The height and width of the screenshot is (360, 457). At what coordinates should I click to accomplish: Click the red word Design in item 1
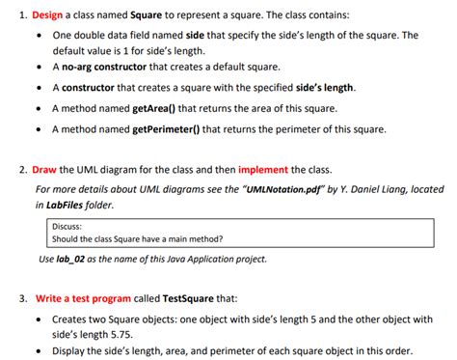pos(47,16)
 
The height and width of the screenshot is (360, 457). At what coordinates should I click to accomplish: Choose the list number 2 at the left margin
pos(22,169)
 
